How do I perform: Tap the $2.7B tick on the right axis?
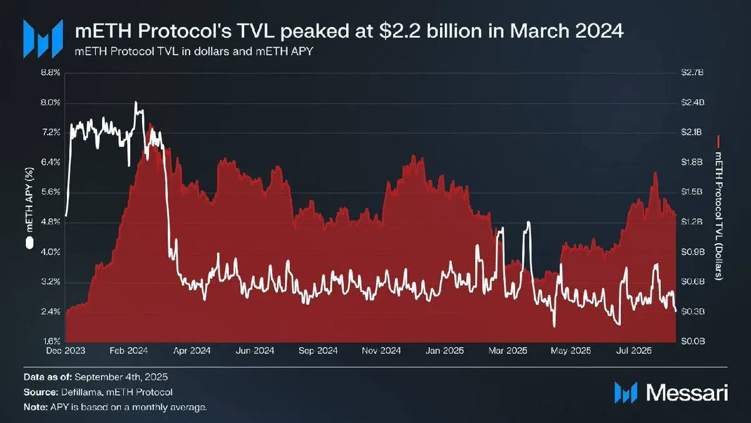point(693,73)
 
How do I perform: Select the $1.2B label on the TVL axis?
point(693,222)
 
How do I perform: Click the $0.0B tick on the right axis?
point(693,342)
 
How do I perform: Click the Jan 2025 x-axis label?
point(445,351)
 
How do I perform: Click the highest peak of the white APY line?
point(136,102)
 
